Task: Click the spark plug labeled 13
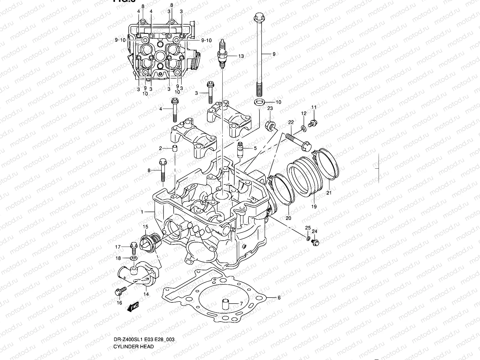[x=222, y=54]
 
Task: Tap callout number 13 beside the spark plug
[x=241, y=56]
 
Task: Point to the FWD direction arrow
[x=133, y=306]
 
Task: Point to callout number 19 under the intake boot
[x=314, y=206]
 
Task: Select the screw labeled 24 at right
[x=315, y=242]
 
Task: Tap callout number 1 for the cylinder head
[x=142, y=212]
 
